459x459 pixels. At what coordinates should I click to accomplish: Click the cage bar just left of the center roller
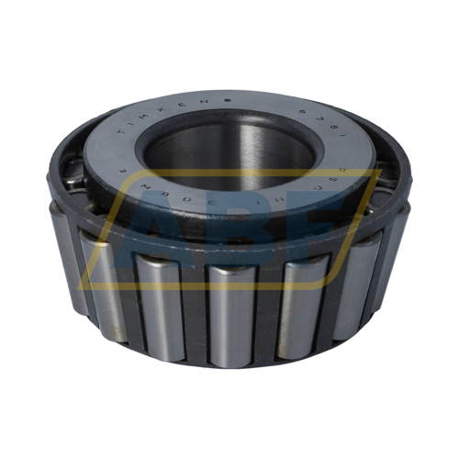195,312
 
